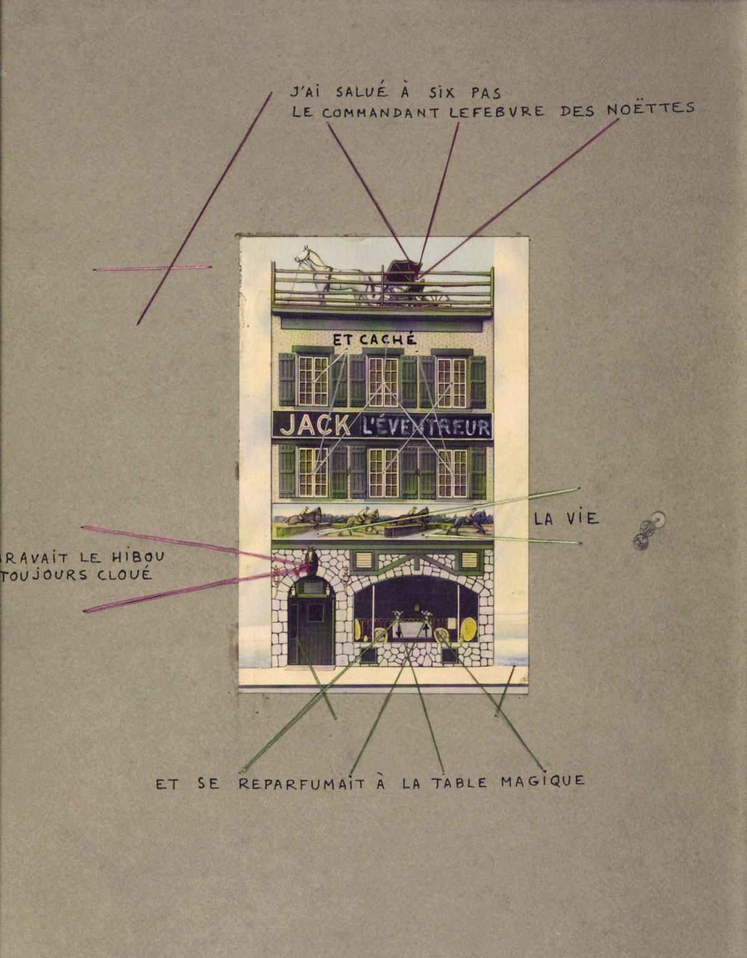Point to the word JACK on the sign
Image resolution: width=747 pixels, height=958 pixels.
tap(315, 425)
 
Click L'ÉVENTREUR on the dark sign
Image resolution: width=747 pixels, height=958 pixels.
tap(426, 427)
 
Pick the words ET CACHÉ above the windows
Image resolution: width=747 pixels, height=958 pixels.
tap(374, 340)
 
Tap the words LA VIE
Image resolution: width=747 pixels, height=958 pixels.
tap(565, 518)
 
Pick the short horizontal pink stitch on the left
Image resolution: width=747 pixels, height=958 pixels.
tap(152, 268)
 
